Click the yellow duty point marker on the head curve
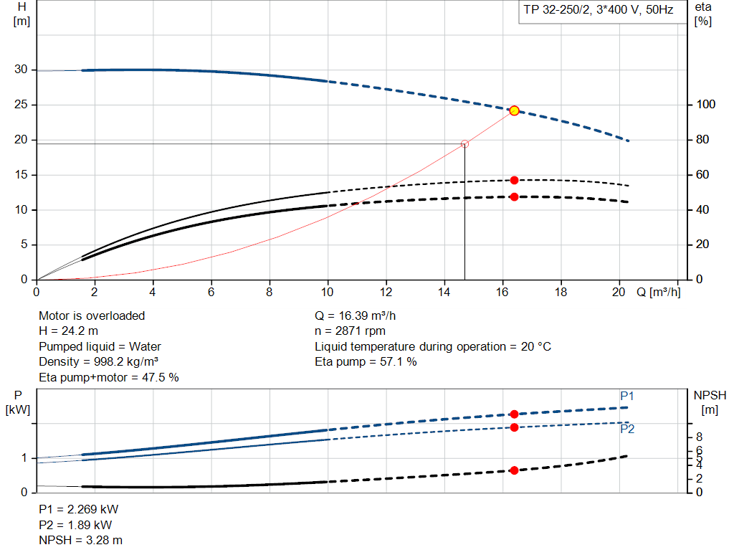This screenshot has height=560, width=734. [514, 110]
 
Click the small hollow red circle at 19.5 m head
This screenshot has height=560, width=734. [464, 144]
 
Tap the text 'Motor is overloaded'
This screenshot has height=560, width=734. [92, 315]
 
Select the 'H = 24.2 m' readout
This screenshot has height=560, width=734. [69, 331]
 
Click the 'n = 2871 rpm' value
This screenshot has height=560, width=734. [350, 331]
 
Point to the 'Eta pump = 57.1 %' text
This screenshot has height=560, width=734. [366, 362]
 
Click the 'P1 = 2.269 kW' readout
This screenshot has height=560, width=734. [78, 510]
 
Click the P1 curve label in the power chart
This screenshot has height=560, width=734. [627, 396]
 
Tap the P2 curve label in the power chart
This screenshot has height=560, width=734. [627, 430]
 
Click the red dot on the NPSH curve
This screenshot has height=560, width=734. [514, 470]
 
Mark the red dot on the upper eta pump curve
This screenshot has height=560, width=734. [514, 180]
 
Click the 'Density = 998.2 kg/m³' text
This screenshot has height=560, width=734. [98, 362]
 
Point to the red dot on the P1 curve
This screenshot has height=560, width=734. [514, 414]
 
